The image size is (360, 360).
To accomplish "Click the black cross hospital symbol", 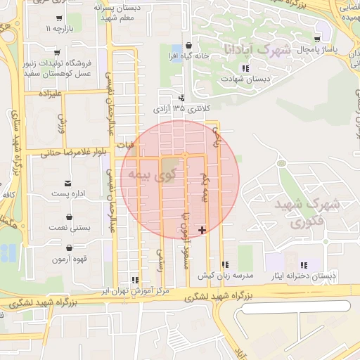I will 202,230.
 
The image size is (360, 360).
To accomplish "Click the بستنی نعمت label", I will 68,229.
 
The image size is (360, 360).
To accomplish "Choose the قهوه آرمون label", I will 68,259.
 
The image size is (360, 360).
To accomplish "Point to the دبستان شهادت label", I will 245,79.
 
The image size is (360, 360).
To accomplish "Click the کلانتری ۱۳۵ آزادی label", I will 182,109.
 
